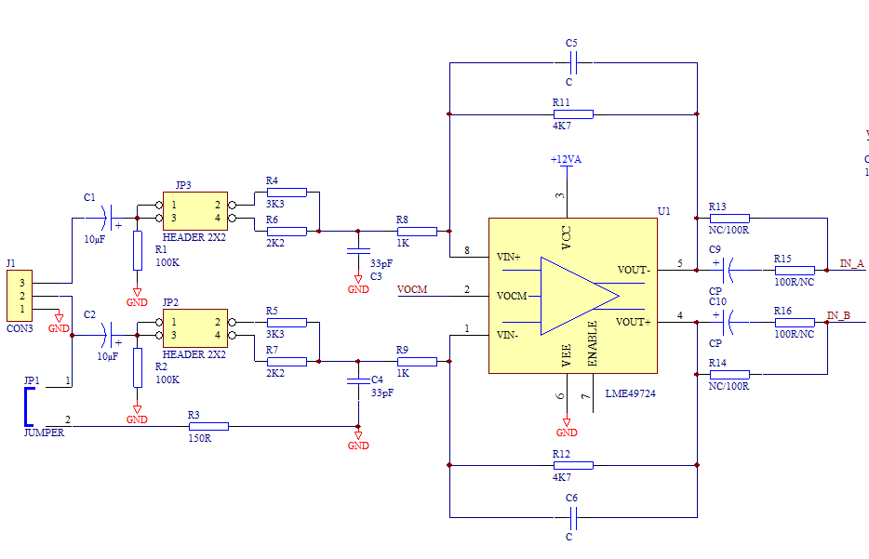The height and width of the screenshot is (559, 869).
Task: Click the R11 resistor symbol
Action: point(573,114)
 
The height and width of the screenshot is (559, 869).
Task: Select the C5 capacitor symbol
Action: point(573,62)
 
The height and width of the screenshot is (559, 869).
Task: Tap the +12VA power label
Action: point(566,160)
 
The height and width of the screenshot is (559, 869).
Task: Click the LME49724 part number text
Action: point(630,393)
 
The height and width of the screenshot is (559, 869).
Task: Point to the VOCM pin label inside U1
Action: point(512,296)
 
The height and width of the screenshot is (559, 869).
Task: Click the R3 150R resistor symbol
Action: point(208,427)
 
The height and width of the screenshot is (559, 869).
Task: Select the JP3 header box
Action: point(195,211)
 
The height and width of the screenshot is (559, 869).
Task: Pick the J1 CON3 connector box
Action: point(20,296)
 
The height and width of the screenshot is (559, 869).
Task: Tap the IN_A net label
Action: point(852,264)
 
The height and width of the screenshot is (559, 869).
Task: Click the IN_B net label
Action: point(838,316)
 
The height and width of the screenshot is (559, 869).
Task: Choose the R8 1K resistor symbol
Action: point(417,231)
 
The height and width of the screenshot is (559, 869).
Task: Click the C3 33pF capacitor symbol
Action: point(358,251)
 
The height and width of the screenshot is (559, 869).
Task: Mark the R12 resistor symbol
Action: point(573,465)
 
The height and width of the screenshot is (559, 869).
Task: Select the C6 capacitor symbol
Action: point(573,518)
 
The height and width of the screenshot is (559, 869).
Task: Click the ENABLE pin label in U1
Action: point(593,343)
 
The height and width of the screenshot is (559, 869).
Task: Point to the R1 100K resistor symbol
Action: point(138,251)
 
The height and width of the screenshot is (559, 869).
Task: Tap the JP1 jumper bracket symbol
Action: point(27,406)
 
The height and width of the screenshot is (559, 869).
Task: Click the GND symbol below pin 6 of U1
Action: point(567,428)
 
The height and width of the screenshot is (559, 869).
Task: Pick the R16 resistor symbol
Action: point(795,323)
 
